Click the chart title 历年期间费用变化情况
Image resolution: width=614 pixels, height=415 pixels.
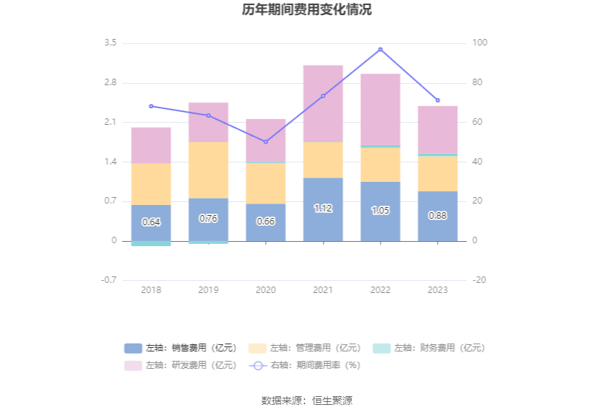click(x=307, y=10)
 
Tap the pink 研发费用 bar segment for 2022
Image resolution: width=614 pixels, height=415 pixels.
click(x=380, y=109)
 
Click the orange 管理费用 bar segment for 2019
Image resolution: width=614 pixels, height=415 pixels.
click(x=208, y=170)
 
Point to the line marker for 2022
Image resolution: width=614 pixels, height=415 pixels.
click(x=380, y=50)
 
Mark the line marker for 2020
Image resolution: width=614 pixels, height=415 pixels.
click(x=266, y=141)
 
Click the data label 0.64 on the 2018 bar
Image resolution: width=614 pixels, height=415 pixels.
click(x=151, y=222)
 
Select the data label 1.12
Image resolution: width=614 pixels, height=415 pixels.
click(x=323, y=209)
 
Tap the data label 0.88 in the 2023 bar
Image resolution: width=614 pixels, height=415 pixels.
click(x=437, y=215)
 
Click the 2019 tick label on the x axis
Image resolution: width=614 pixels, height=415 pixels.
click(x=208, y=289)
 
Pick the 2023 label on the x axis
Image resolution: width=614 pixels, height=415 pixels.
click(x=437, y=289)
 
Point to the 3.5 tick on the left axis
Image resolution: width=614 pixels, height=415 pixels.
click(x=110, y=43)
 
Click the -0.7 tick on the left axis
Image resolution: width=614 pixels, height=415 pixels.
click(x=108, y=280)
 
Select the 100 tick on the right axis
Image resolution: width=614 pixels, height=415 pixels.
click(x=480, y=43)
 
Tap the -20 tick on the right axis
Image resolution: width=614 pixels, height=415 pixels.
click(x=480, y=280)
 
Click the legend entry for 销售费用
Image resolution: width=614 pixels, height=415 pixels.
click(x=181, y=348)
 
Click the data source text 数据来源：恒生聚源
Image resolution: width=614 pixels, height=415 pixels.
click(x=307, y=401)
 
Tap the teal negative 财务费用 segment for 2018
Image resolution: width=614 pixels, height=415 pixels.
click(x=151, y=243)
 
